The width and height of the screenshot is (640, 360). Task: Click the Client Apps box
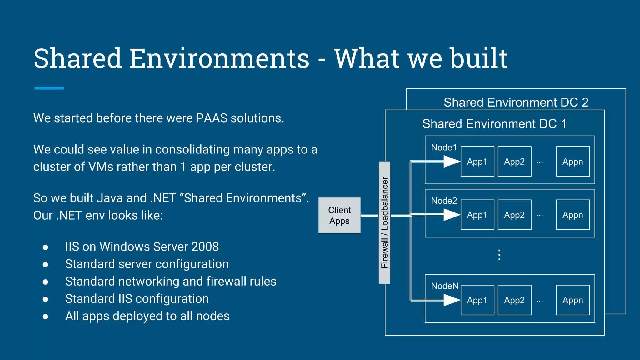click(339, 215)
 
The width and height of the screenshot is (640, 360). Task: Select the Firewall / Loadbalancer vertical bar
click(384, 222)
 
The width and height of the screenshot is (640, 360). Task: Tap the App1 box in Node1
click(477, 162)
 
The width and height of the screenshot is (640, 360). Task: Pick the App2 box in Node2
click(514, 215)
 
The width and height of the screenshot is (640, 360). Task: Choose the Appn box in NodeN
click(573, 300)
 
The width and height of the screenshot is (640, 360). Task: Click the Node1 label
click(444, 147)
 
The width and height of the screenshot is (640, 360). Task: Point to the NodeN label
click(445, 286)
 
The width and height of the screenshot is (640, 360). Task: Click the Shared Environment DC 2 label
click(516, 102)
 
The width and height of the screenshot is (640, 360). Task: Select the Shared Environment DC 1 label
click(494, 124)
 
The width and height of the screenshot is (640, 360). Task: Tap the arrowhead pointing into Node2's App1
click(452, 215)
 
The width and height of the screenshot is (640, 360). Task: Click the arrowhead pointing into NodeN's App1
click(452, 300)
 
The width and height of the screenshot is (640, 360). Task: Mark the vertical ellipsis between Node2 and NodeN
click(499, 255)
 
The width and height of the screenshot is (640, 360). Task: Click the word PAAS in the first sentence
click(212, 118)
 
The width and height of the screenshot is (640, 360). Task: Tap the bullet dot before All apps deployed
click(45, 317)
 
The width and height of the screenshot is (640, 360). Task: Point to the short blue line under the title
click(49, 88)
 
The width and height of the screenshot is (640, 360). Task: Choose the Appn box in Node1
click(573, 162)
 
